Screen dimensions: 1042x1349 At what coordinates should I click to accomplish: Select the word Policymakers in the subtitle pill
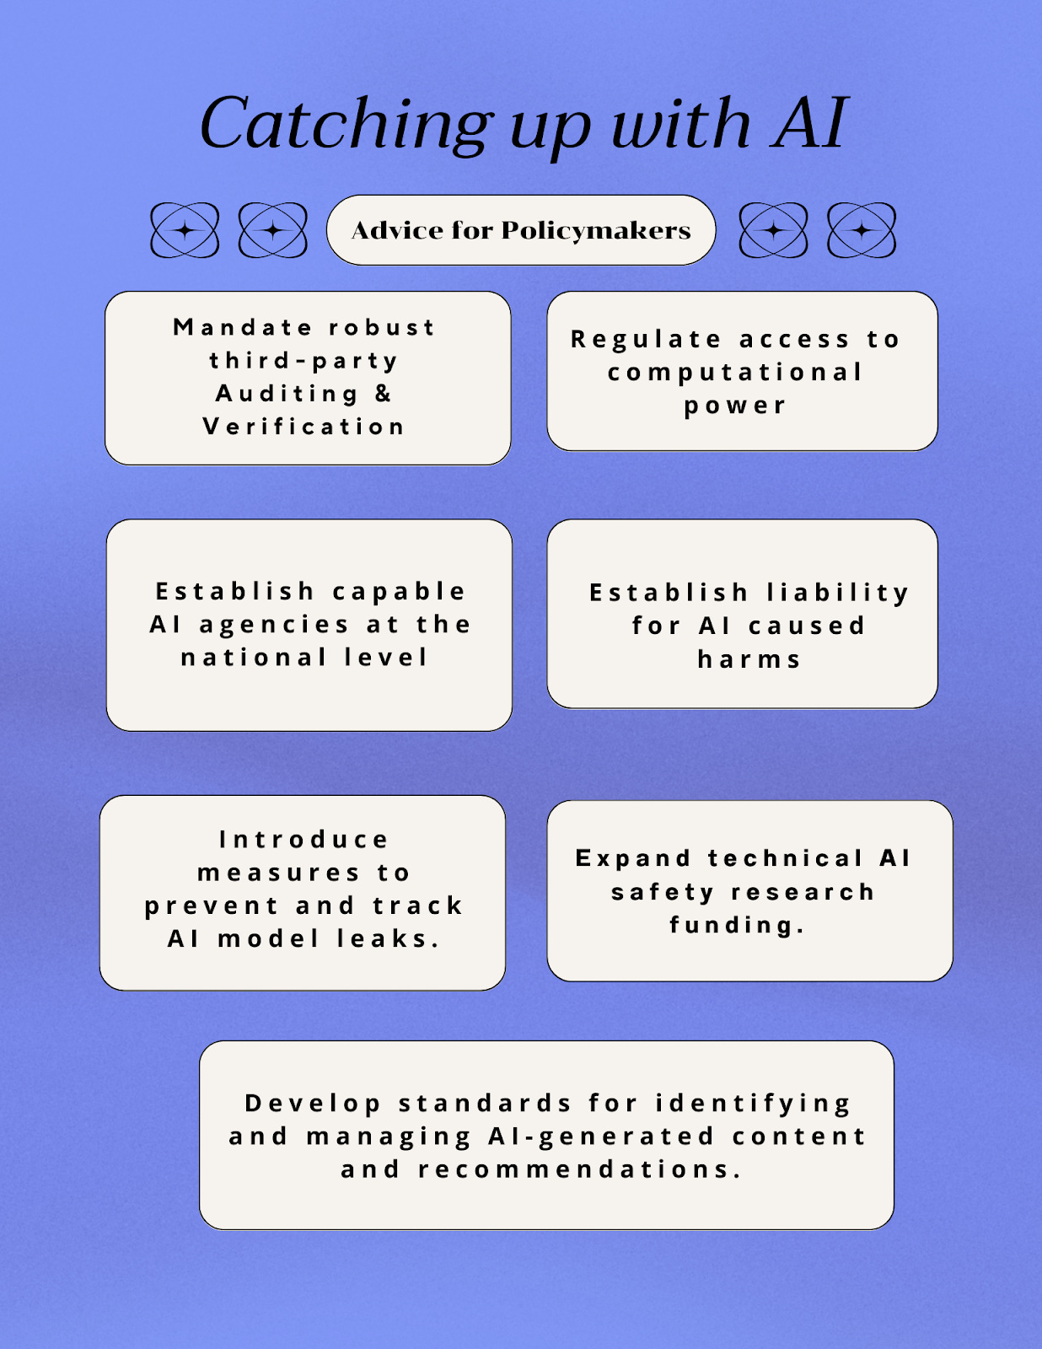tap(595, 230)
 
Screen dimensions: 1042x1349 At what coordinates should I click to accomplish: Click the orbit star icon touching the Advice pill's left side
tap(273, 230)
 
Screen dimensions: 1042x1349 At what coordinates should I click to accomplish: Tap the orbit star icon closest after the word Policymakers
tap(773, 230)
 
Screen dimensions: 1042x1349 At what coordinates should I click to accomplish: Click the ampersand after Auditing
tap(384, 393)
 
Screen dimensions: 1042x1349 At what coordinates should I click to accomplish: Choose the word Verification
tap(303, 427)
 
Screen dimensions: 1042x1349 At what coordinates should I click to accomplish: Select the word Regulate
tap(646, 339)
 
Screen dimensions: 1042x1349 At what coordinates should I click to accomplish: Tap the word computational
tap(735, 372)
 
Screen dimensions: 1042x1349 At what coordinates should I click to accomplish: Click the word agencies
tap(274, 625)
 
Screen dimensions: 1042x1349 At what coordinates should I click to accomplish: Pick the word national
tap(254, 658)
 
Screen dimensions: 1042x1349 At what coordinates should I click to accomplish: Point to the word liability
tap(837, 593)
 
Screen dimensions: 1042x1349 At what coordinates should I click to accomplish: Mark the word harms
tap(749, 659)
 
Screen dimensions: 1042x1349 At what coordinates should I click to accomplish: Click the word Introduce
tap(303, 840)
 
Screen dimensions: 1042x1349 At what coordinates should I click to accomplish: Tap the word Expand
tap(633, 858)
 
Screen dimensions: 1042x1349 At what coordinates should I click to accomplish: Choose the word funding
tap(737, 925)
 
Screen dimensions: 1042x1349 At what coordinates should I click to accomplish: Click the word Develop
tap(313, 1103)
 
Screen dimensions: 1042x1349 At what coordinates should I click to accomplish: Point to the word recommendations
tap(579, 1169)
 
